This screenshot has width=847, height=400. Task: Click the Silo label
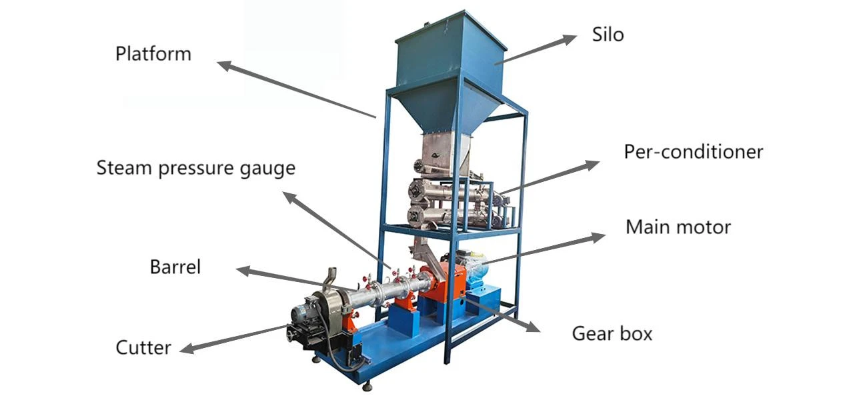(608, 35)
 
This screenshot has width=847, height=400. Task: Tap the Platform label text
(153, 54)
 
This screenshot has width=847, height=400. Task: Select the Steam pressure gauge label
(196, 168)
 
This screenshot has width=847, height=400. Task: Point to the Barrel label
(175, 267)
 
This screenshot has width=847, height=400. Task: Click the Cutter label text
(143, 348)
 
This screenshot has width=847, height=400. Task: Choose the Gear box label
(612, 334)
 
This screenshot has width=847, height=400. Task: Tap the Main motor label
(678, 227)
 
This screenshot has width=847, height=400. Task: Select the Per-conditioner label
(694, 152)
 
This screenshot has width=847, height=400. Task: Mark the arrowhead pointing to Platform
(225, 65)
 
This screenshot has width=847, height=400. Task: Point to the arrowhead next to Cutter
(187, 348)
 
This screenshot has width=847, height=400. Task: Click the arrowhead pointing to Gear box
(532, 327)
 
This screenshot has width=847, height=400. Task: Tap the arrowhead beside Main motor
(598, 237)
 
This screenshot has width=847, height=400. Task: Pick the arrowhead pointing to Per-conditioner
(592, 165)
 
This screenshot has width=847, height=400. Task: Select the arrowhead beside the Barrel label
(243, 271)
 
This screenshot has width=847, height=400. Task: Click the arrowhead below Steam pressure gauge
(289, 197)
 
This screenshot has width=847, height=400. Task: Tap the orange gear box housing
(442, 284)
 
